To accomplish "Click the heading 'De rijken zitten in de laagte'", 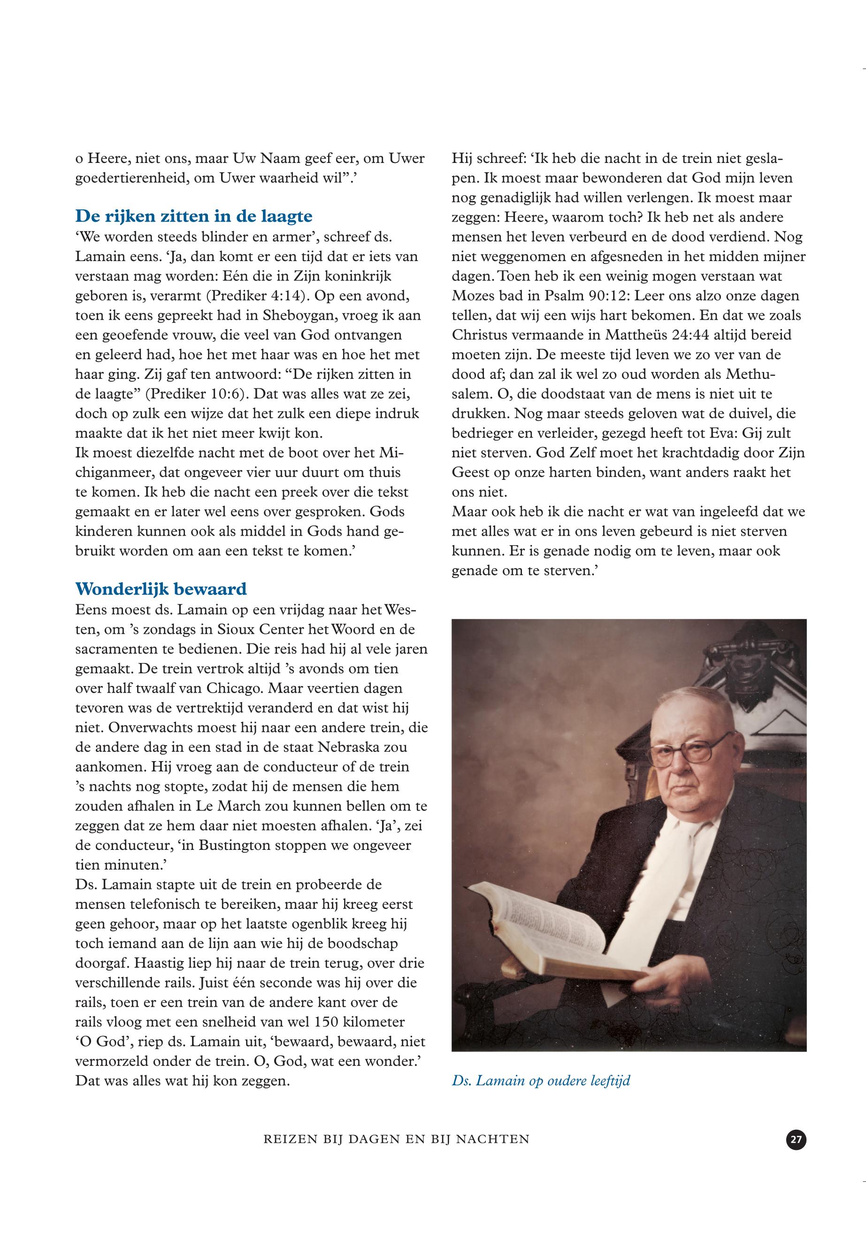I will (x=194, y=216).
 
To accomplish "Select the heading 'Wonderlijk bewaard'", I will (x=161, y=589).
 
